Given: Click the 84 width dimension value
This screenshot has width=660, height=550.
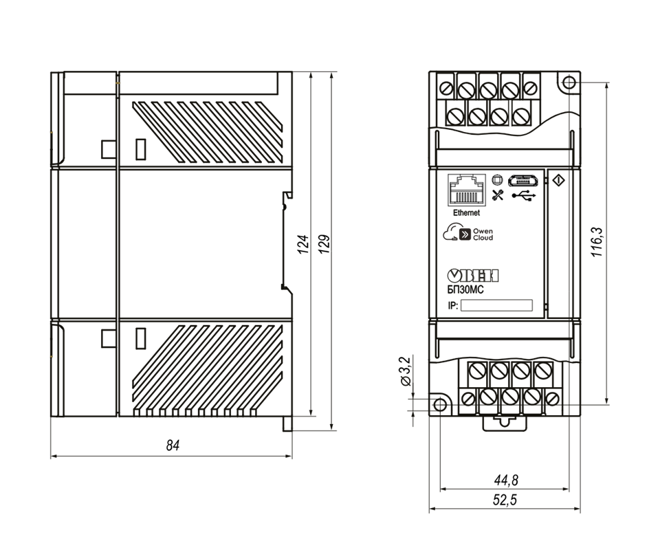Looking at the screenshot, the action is pyautogui.click(x=173, y=445).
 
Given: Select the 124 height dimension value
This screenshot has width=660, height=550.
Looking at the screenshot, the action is pyautogui.click(x=303, y=244).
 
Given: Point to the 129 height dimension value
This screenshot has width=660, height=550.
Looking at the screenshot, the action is pyautogui.click(x=324, y=244).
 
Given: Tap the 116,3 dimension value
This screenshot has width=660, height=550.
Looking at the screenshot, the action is pyautogui.click(x=597, y=243).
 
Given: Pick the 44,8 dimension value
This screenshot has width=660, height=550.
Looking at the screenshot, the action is pyautogui.click(x=506, y=480).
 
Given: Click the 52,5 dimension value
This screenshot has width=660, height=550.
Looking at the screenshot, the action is pyautogui.click(x=505, y=500).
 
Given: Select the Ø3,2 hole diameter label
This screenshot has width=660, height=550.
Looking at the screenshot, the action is pyautogui.click(x=405, y=371).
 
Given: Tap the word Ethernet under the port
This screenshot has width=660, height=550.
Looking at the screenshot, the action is pyautogui.click(x=466, y=213).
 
